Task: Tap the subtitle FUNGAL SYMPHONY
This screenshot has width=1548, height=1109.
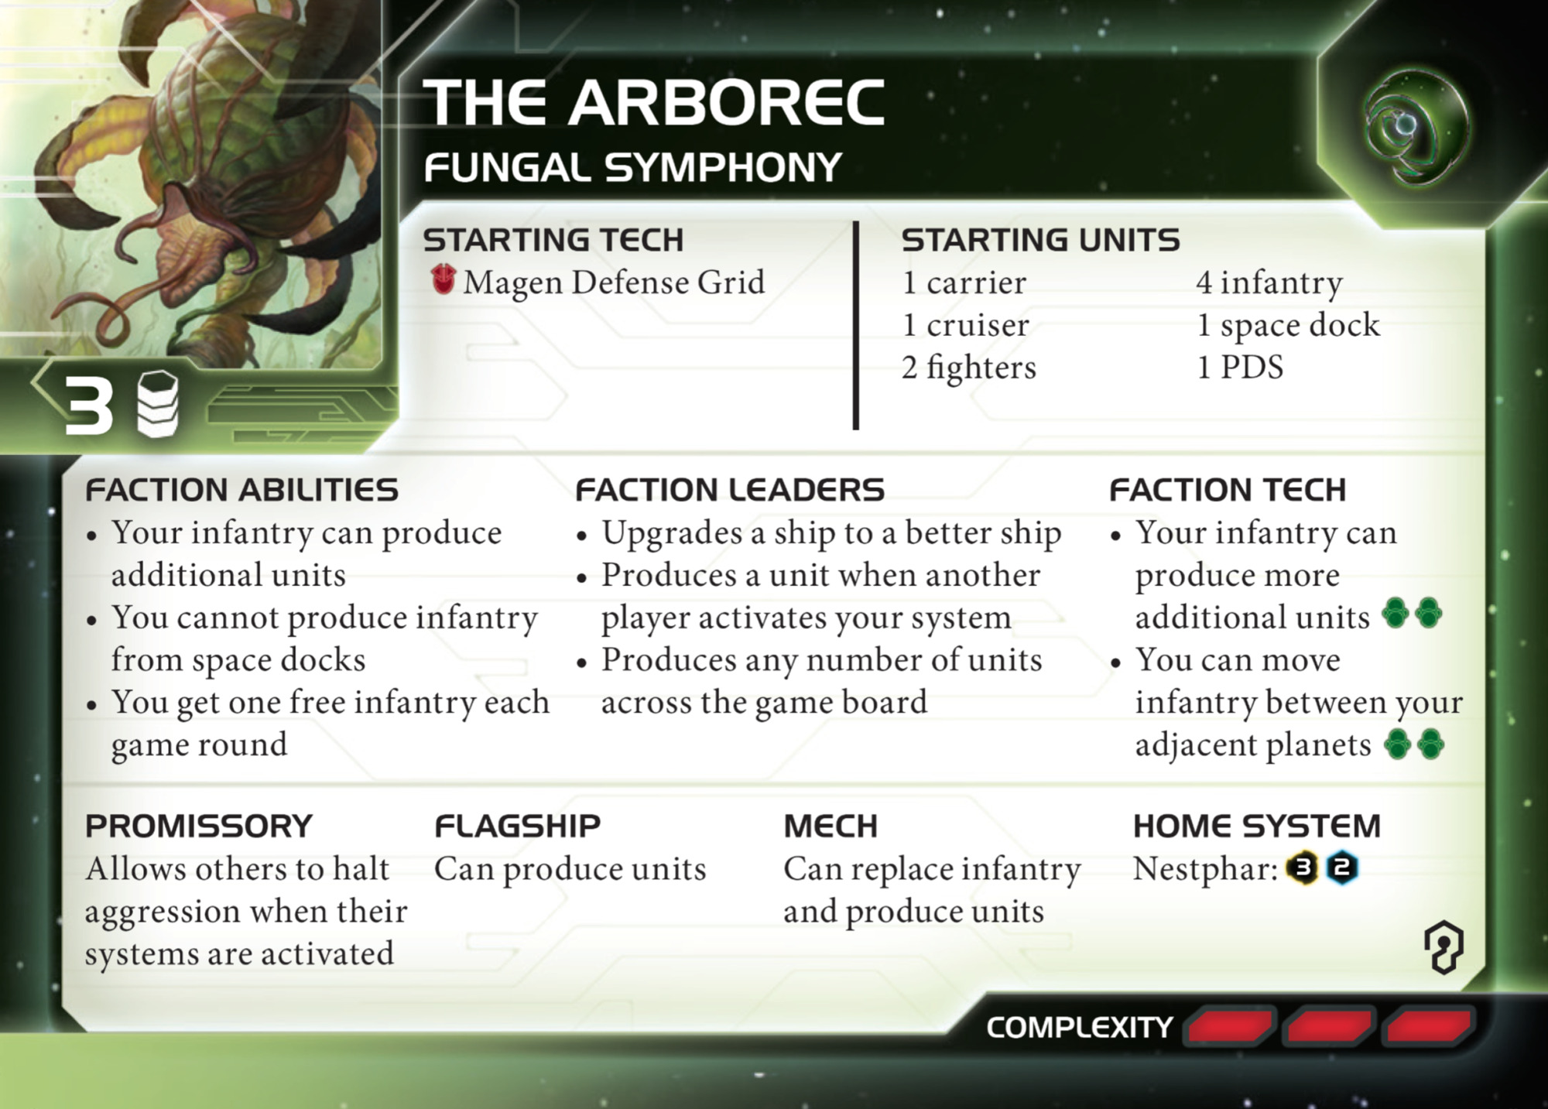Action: [x=632, y=168]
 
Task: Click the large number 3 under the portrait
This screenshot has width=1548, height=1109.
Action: [x=89, y=405]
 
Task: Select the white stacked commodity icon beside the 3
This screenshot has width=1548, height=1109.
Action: [x=158, y=403]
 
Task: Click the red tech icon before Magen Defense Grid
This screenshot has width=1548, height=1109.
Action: [x=444, y=279]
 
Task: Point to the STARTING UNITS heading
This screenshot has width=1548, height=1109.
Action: [x=1040, y=240]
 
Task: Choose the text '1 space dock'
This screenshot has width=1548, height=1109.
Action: [x=1288, y=325]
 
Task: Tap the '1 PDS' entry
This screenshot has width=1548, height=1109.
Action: [x=1240, y=367]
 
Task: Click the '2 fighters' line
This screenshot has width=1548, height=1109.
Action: [x=968, y=368]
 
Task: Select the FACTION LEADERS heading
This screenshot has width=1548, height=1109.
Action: [x=729, y=490]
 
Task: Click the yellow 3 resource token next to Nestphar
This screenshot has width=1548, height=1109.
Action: [x=1303, y=868]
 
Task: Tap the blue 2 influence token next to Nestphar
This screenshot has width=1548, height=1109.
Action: [x=1342, y=868]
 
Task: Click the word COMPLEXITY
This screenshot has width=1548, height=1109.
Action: [x=1079, y=1028]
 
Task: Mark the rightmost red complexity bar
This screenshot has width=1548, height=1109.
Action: [x=1429, y=1026]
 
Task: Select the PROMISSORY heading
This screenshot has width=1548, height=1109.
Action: [x=199, y=827]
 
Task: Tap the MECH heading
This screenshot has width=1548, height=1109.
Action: [x=831, y=827]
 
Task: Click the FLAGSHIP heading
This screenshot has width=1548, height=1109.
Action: [x=517, y=827]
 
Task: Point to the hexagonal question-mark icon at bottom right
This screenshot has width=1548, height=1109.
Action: [x=1444, y=946]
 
